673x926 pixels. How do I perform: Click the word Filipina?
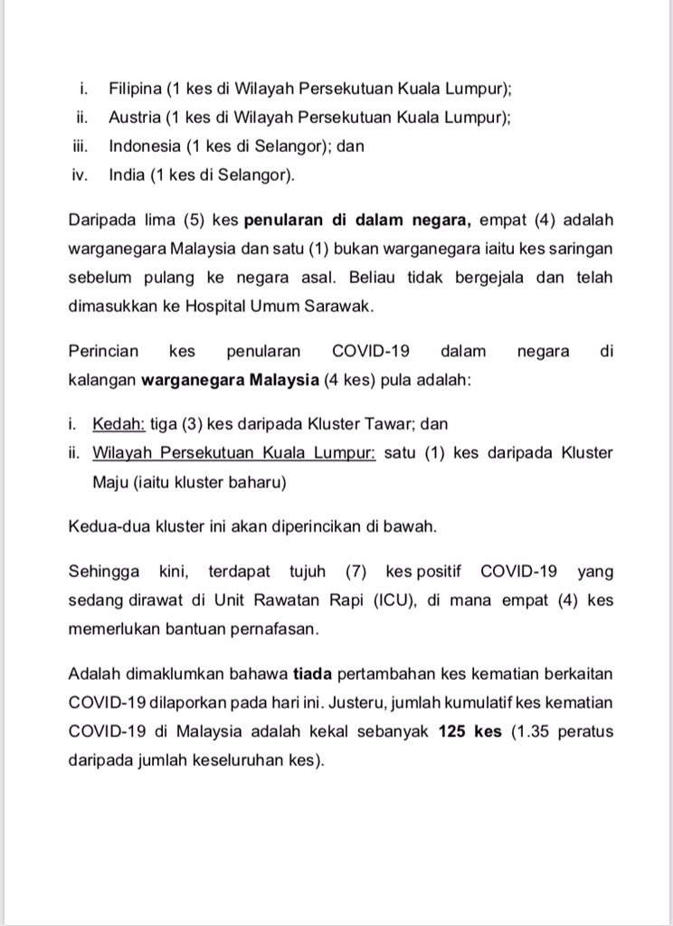tap(136, 90)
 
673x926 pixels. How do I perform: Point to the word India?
tap(127, 174)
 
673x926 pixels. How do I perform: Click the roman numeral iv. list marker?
tap(79, 174)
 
